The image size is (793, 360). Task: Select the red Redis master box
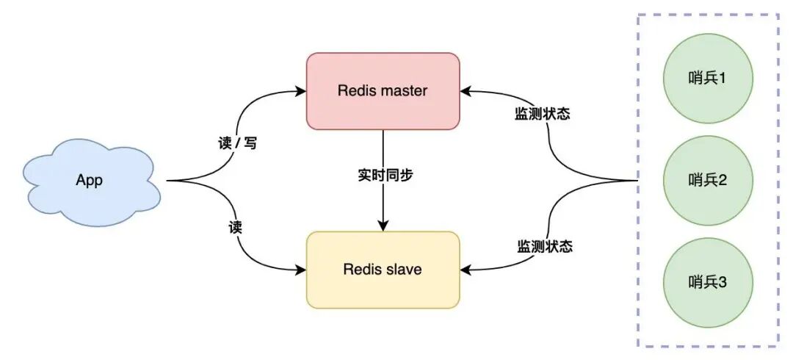383,91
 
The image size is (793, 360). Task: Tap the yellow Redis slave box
383,270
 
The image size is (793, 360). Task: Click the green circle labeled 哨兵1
707,77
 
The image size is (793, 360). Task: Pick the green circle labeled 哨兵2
707,179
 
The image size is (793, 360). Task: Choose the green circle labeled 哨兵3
707,282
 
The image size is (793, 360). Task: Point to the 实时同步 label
383,176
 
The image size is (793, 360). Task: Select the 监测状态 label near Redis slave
544,246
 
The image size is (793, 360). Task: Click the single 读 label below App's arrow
235,228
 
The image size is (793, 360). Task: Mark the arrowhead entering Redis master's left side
301,91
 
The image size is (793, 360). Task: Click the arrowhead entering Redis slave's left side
301,270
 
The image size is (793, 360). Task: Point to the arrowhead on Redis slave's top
383,226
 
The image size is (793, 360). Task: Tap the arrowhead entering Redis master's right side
466,91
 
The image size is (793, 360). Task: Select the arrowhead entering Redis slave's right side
466,270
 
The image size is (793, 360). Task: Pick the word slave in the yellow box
404,270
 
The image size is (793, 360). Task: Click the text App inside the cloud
90,181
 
